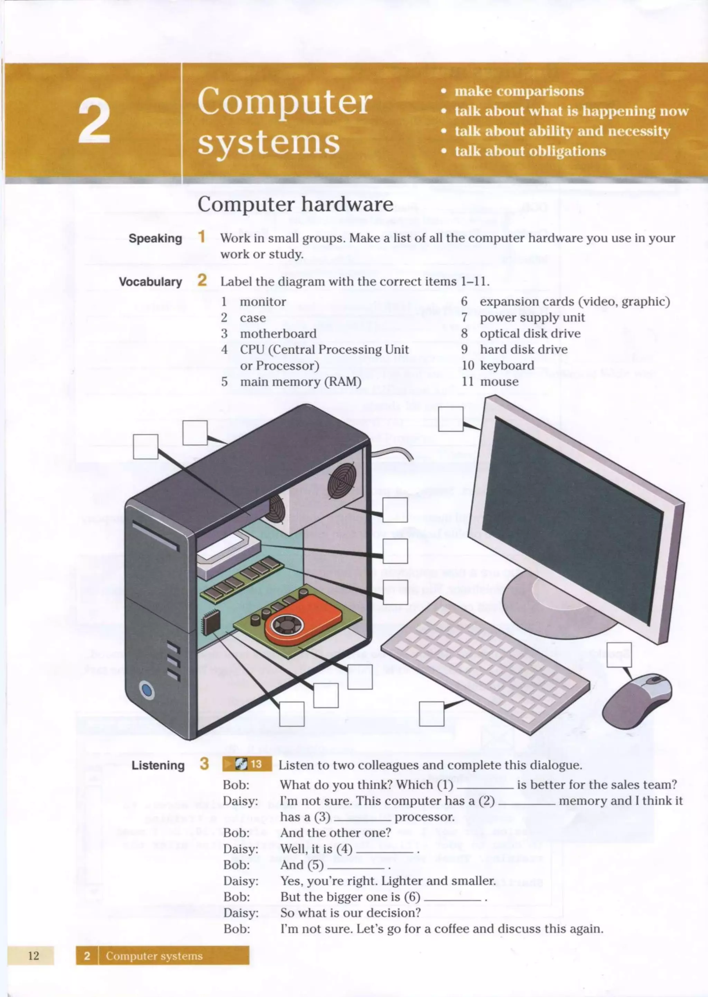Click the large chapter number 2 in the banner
[x=94, y=120]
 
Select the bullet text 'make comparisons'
[x=519, y=91]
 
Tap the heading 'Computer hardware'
[x=295, y=204]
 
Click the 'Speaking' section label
[x=155, y=239]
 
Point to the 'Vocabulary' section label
[x=150, y=282]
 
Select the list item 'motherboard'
[x=278, y=334]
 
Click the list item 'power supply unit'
[x=532, y=318]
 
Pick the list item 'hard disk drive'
[x=524, y=350]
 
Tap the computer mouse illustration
[x=637, y=701]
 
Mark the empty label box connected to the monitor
[x=450, y=419]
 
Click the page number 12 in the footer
[x=33, y=955]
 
